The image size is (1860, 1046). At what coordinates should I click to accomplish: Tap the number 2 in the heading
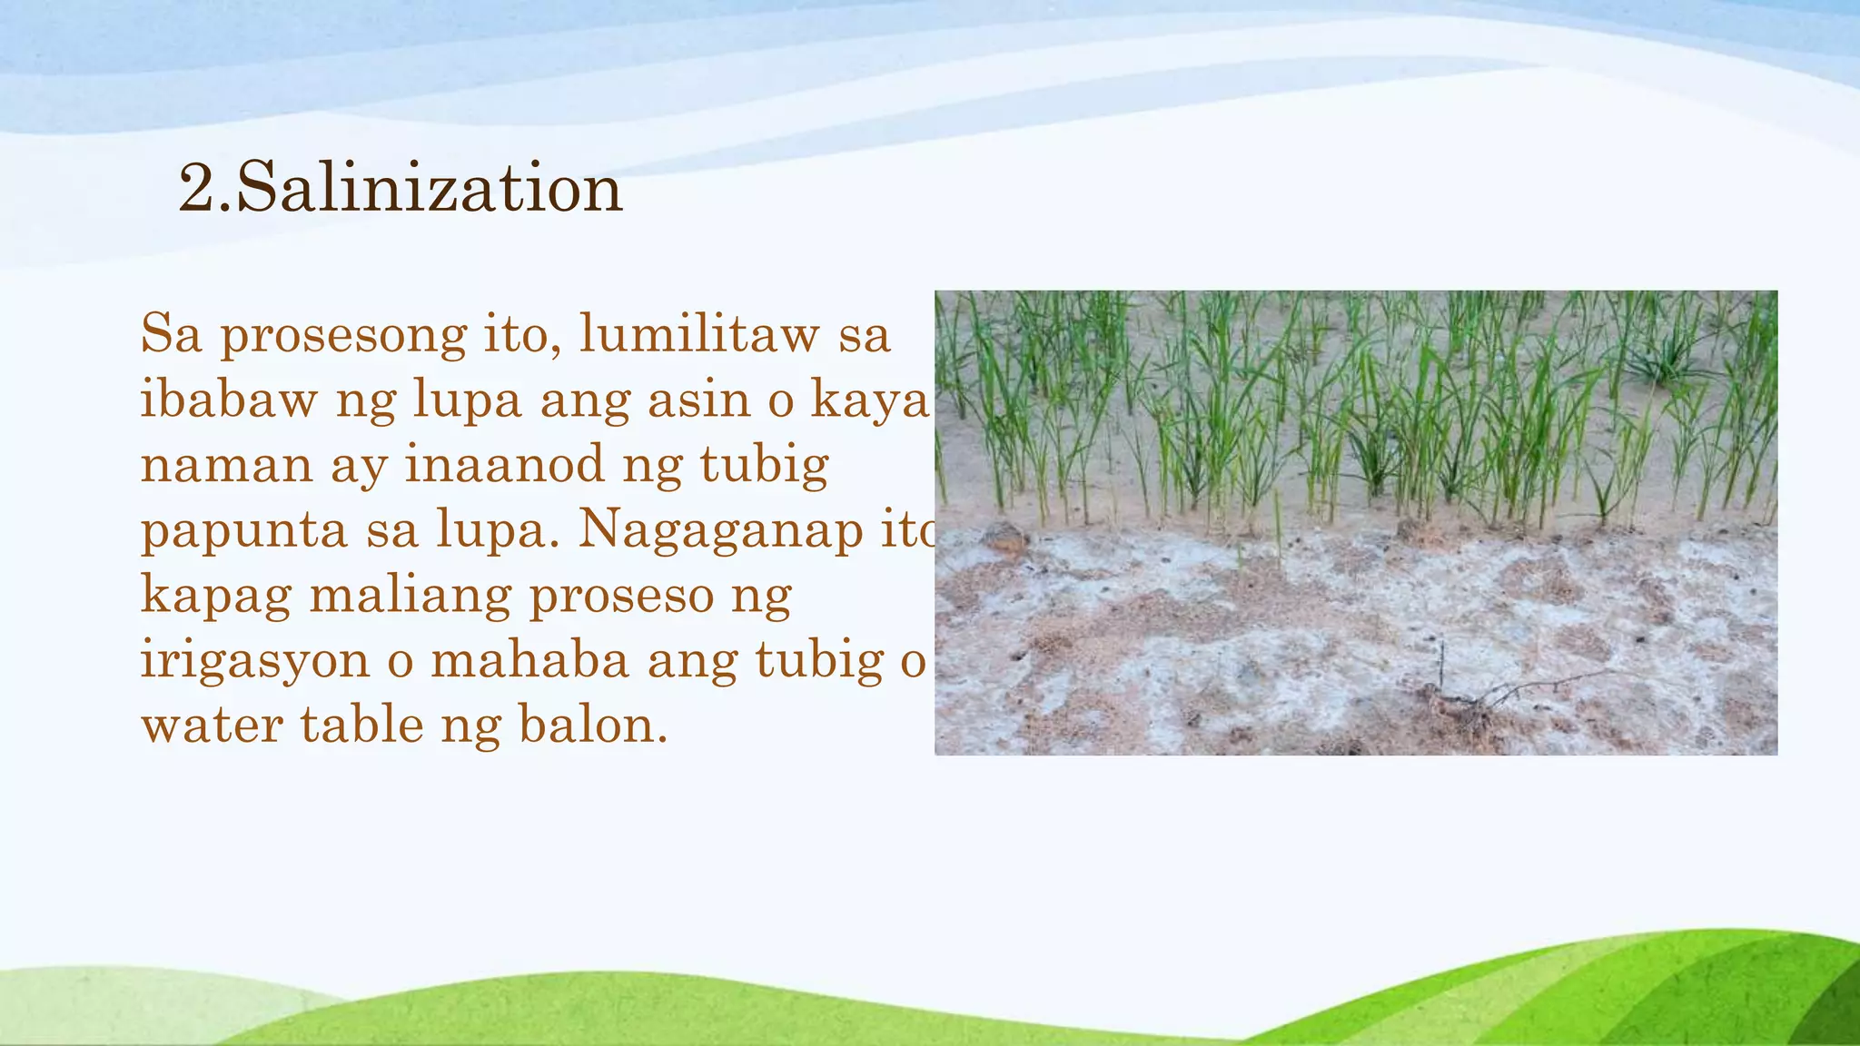tap(197, 189)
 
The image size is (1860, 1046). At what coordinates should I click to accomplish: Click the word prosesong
tap(343, 335)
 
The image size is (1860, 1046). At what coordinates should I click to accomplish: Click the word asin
tap(698, 399)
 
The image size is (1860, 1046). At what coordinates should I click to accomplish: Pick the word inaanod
tap(504, 464)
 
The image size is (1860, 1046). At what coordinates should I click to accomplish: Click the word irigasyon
tap(255, 661)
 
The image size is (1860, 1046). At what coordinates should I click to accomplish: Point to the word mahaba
tap(529, 659)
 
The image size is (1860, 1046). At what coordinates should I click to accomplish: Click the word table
tap(361, 725)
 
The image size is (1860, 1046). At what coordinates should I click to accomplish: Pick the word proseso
tap(622, 597)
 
